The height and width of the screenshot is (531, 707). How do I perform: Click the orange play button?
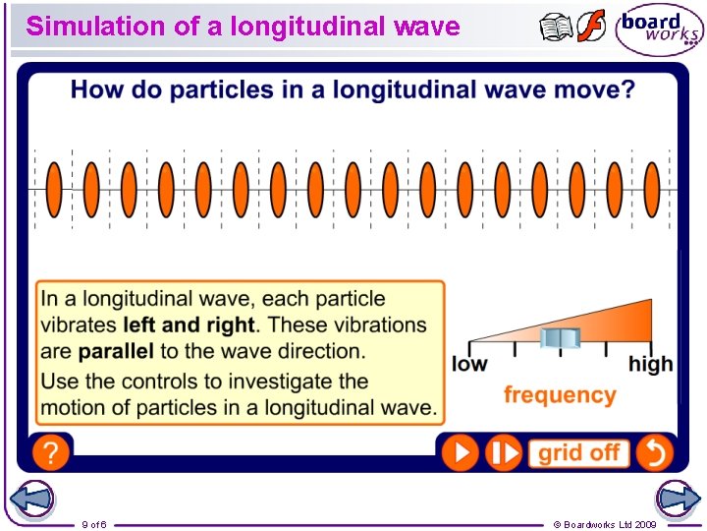pos(460,452)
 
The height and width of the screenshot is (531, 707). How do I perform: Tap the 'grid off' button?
pos(579,452)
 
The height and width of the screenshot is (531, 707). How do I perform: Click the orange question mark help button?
pos(50,452)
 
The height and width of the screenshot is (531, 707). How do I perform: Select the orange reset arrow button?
pos(654,452)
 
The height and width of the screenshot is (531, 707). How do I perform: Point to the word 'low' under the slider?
pos(469,364)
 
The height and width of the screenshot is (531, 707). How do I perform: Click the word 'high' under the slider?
pos(650,364)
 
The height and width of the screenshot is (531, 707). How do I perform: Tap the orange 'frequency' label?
pos(560,395)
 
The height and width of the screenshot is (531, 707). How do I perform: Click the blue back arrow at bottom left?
pos(31,500)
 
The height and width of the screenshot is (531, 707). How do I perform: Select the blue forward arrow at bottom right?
pos(678,500)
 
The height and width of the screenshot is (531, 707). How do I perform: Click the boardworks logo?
pos(660,29)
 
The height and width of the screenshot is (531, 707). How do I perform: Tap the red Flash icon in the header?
pos(591,27)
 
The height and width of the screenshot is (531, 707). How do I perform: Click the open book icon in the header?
pos(556,27)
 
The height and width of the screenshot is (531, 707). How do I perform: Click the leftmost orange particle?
pos(54,189)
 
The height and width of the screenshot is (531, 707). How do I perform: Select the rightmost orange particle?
pos(651,189)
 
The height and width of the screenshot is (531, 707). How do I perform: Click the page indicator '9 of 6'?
pos(94,524)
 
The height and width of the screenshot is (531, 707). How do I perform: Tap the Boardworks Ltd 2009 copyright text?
pos(605,524)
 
